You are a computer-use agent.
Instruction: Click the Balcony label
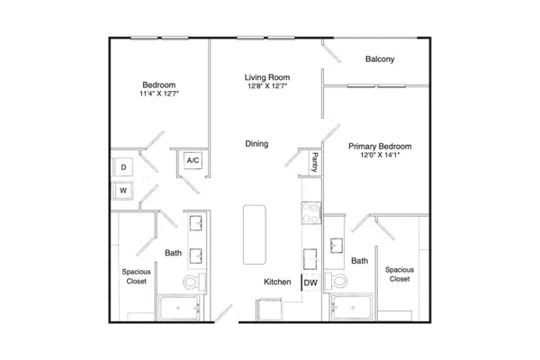[x=380, y=59]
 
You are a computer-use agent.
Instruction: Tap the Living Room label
[x=267, y=77]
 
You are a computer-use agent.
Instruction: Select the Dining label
[x=256, y=144]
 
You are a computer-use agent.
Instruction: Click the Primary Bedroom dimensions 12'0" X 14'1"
[x=380, y=155]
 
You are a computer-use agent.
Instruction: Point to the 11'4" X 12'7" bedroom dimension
[x=159, y=94]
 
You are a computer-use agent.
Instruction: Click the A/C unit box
[x=193, y=160]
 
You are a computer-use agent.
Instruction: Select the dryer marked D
[x=123, y=167]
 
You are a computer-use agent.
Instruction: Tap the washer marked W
[x=123, y=191]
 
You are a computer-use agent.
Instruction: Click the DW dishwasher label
[x=310, y=283]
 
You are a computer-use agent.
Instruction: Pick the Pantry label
[x=315, y=162]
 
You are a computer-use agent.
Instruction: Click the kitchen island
[x=255, y=235]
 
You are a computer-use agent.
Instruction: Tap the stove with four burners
[x=311, y=213]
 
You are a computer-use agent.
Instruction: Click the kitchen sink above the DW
[x=310, y=259]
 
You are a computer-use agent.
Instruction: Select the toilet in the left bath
[x=193, y=282]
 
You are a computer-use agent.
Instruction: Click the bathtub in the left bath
[x=179, y=308]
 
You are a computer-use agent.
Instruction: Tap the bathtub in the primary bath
[x=351, y=307]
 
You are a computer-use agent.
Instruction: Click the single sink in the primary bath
[x=337, y=246]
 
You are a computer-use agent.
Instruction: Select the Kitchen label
[x=277, y=282]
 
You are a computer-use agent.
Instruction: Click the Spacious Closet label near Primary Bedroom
[x=400, y=274]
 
